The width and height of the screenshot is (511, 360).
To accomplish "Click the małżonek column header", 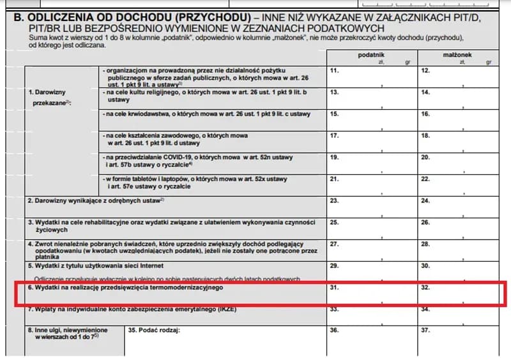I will pos(457,56).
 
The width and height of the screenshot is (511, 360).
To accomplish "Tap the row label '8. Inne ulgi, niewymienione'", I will pos(67,331).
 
